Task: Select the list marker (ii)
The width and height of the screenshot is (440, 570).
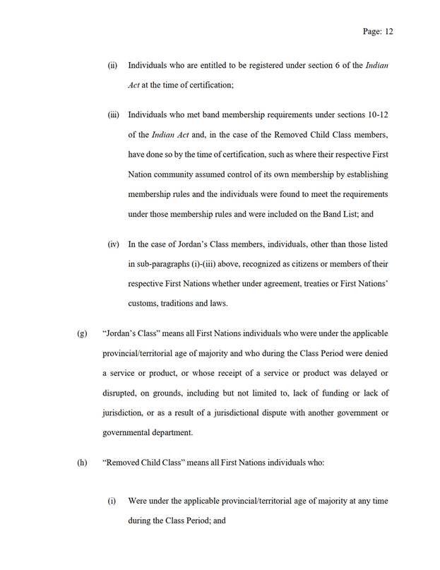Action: pos(112,66)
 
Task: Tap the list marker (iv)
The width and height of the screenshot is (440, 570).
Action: pos(113,244)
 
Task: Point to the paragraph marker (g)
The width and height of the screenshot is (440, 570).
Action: pos(81,333)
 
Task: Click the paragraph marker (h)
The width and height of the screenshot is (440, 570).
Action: pos(81,463)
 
